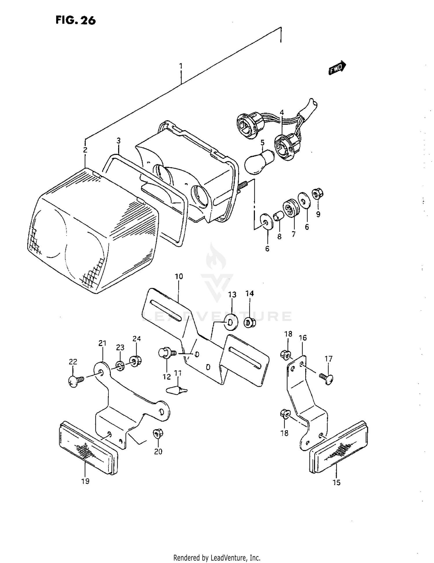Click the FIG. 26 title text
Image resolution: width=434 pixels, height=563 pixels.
76,21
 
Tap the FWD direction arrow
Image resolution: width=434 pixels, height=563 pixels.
337,68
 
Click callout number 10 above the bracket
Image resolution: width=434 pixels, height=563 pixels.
179,276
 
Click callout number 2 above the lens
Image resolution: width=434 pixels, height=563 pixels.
85,150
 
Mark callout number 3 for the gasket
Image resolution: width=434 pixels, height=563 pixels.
118,141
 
